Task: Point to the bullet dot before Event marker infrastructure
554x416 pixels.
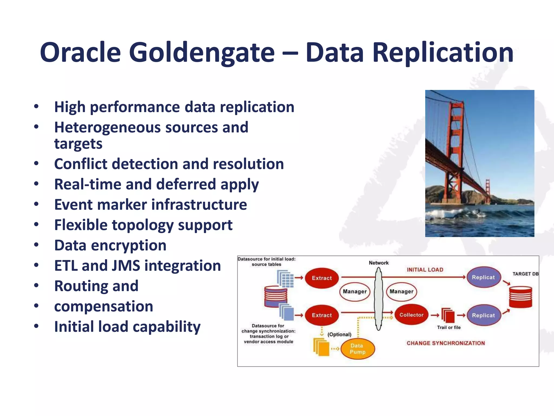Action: tap(36, 204)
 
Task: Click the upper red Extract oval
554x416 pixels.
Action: tap(322, 278)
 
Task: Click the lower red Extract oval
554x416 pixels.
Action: tap(322, 315)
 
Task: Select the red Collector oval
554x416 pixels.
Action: tap(411, 315)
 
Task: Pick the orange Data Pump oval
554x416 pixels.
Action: tap(357, 349)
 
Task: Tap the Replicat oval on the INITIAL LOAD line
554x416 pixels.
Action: tap(483, 277)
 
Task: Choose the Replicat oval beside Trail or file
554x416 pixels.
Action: tap(483, 315)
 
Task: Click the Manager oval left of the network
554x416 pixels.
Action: tap(355, 292)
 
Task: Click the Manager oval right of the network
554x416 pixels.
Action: tap(401, 292)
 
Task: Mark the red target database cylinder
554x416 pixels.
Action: tap(520, 297)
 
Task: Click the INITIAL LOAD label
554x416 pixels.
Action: tap(425, 270)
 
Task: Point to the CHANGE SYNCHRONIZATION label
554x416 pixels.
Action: tap(446, 343)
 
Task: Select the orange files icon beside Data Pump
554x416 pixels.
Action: tap(321, 347)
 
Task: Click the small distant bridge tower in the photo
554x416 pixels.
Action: tap(487, 190)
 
